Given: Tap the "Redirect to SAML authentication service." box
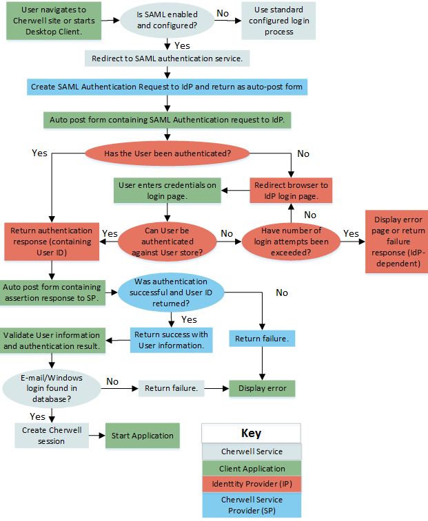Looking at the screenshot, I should point(167,59).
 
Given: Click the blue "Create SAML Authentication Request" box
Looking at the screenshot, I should point(166,87).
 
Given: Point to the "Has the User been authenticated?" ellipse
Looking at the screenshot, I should point(167,153).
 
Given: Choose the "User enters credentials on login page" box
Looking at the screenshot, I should point(167,191).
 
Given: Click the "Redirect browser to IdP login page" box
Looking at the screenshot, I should point(291,191).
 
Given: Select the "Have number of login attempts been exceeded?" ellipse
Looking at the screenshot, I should point(290,241).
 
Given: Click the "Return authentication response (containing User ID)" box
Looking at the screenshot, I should point(53,241).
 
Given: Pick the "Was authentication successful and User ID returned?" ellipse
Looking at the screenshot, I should point(171,292).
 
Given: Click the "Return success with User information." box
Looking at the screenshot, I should point(170,340).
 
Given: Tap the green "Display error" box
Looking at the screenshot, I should point(262,388).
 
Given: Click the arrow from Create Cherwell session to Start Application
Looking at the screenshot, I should point(97,436).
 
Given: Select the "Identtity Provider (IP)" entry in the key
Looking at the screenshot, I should point(252,484).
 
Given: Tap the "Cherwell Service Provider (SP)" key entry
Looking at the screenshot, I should point(252,504).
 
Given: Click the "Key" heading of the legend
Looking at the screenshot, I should point(252,434).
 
